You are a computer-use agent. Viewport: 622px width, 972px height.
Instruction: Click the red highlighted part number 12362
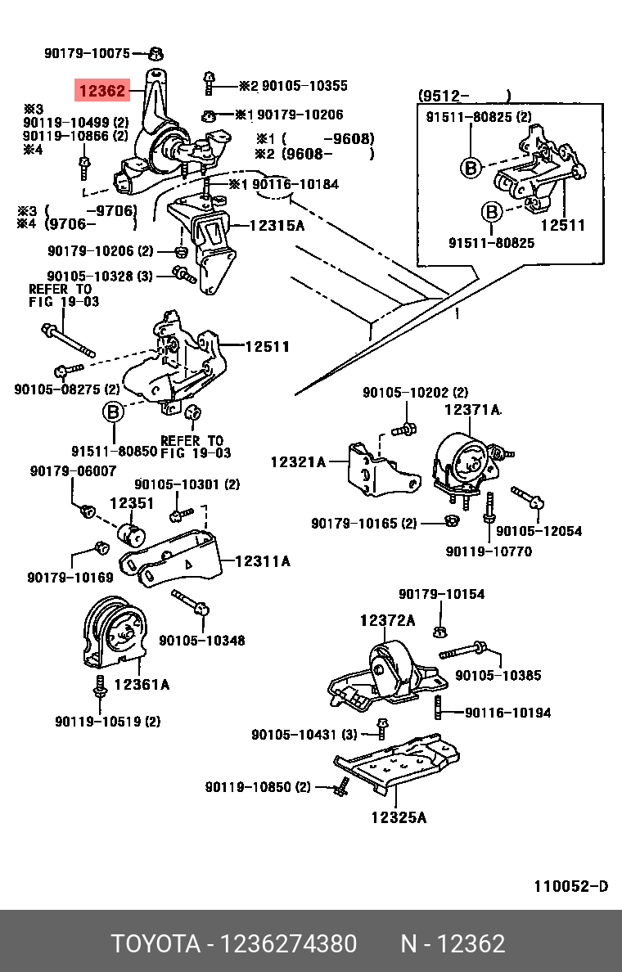coord(101,90)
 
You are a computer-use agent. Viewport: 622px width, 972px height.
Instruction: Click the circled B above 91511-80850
coord(112,412)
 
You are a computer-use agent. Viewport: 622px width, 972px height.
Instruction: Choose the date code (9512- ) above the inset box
coord(464,95)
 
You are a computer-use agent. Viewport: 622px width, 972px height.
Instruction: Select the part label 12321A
coord(298,462)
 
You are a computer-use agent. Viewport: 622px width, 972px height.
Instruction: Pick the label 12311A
coord(262,561)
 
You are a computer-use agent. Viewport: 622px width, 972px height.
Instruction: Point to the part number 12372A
coord(387,621)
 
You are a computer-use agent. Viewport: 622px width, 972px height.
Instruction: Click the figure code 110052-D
coord(570,887)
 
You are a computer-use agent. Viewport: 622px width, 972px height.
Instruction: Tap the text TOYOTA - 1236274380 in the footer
coord(234,944)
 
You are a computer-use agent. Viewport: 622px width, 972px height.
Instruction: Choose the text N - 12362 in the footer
coord(452,944)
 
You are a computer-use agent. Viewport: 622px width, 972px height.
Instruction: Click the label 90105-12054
coord(539,531)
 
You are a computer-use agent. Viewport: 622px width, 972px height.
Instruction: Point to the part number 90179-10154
coord(441,594)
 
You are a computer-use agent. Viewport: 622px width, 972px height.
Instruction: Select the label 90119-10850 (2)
coord(258,787)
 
